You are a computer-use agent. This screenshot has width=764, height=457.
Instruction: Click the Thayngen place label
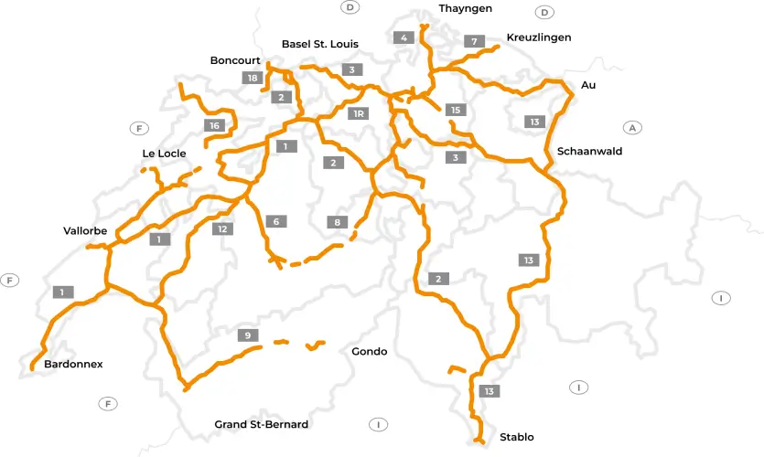[465, 8]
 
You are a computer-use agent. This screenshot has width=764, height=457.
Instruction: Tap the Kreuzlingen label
[538, 37]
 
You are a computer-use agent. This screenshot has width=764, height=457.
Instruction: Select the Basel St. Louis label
[319, 44]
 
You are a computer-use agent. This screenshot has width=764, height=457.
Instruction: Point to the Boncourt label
[235, 60]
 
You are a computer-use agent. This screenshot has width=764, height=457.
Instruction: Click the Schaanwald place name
[588, 152]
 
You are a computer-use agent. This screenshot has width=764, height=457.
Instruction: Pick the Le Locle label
[164, 154]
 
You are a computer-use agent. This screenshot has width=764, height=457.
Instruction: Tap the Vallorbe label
[85, 231]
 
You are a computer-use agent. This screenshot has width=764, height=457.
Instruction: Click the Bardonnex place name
[73, 364]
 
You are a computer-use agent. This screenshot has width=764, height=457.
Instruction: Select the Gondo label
[369, 352]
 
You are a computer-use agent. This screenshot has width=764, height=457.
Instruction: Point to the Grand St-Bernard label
[261, 424]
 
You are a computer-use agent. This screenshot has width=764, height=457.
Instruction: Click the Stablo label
[516, 437]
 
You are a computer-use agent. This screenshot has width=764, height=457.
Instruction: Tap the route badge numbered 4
[404, 37]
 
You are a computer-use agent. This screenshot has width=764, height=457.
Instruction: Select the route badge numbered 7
[473, 41]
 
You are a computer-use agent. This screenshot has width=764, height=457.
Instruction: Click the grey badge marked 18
[253, 78]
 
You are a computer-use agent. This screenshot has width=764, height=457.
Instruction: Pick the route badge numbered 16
[214, 125]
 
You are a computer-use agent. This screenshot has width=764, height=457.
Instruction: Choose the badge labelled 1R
[359, 113]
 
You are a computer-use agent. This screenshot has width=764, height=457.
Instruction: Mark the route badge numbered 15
[455, 110]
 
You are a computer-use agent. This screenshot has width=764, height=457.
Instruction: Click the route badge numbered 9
[247, 335]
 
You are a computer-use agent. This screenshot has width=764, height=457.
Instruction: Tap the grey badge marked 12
[222, 228]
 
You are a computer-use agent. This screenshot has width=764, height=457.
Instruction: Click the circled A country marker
[630, 128]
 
